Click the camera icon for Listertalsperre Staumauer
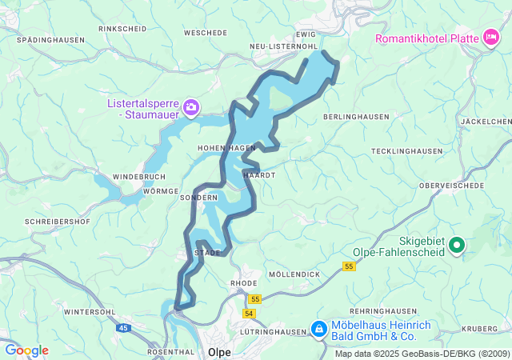[x=190, y=106]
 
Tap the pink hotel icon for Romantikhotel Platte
[x=490, y=37]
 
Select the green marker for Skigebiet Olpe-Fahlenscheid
[x=457, y=246]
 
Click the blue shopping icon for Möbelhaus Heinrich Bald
[x=318, y=329]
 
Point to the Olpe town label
[x=219, y=351]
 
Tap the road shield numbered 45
[x=124, y=327]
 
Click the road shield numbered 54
[x=250, y=313]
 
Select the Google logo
[x=26, y=350]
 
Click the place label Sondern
[x=198, y=198]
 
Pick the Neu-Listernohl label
[x=283, y=47]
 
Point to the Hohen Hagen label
[x=226, y=148]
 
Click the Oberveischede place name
[x=452, y=185]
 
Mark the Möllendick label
[x=294, y=274]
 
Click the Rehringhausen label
[x=382, y=311]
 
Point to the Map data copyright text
[x=422, y=354]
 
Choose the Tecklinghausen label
[x=406, y=151]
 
